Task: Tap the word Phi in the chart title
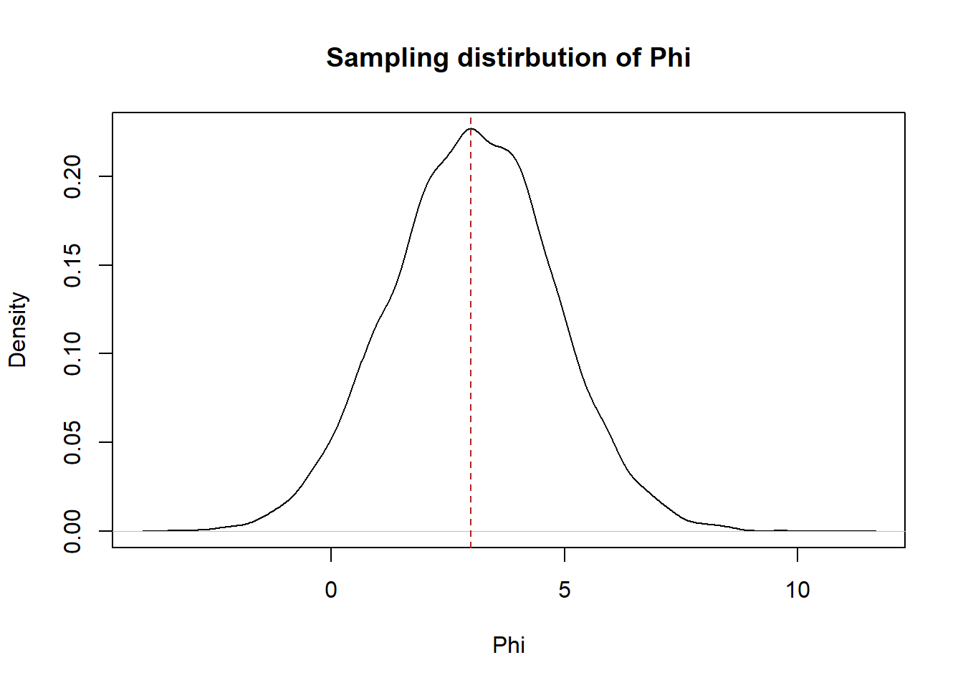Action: click(670, 57)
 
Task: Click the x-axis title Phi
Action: click(509, 645)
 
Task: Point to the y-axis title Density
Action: click(17, 330)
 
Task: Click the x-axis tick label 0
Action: click(331, 590)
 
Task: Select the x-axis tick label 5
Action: click(565, 590)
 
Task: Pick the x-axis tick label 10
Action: click(797, 590)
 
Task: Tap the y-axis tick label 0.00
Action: click(72, 531)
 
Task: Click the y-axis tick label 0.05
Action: click(72, 442)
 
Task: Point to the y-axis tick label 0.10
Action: click(72, 354)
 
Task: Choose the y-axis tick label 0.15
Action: click(72, 265)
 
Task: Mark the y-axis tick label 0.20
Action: click(72, 176)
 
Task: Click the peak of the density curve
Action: click(471, 128)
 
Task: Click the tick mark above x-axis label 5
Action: click(565, 555)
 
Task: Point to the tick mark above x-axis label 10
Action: click(797, 555)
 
